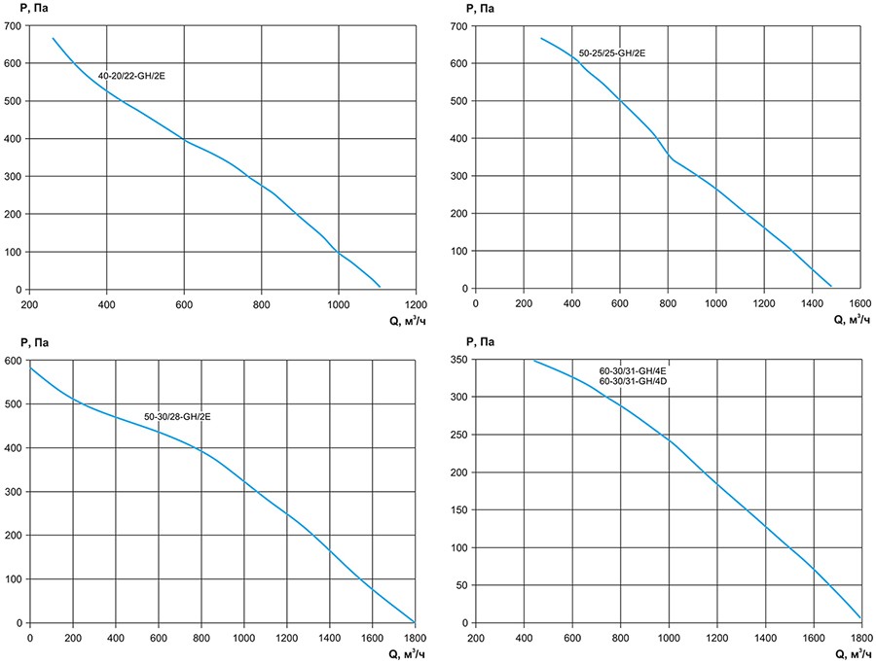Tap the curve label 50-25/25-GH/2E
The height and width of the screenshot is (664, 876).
click(x=612, y=53)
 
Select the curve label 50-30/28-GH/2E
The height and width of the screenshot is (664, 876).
click(x=177, y=416)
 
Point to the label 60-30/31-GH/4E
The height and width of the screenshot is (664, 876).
click(x=633, y=370)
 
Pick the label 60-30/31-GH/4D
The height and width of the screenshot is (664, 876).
click(x=633, y=381)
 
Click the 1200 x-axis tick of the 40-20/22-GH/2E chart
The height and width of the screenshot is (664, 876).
click(x=416, y=303)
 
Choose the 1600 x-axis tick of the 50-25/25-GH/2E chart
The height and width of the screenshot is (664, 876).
click(x=859, y=303)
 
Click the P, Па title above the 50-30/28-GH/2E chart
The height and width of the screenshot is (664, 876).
click(x=18, y=342)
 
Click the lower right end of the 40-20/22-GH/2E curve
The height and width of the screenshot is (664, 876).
click(x=379, y=287)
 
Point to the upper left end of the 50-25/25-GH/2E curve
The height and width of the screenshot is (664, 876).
click(x=541, y=38)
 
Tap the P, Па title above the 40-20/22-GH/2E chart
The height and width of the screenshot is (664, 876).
click(x=18, y=8)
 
